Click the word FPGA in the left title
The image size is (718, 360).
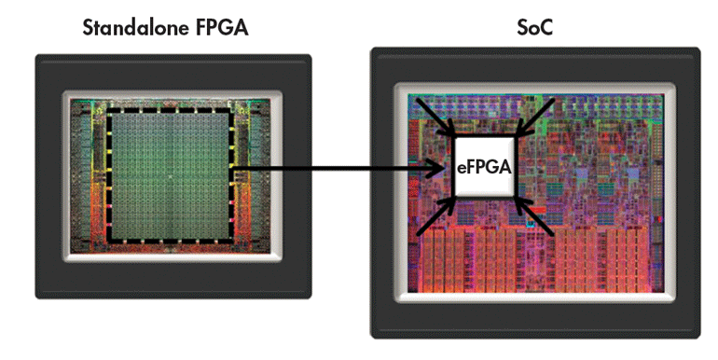221,28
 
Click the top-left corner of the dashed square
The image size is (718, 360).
107,110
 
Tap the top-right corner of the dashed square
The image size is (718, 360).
233,110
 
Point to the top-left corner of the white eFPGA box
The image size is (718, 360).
454,136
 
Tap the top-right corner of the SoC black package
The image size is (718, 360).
699,49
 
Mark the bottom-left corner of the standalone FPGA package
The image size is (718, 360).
37,297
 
